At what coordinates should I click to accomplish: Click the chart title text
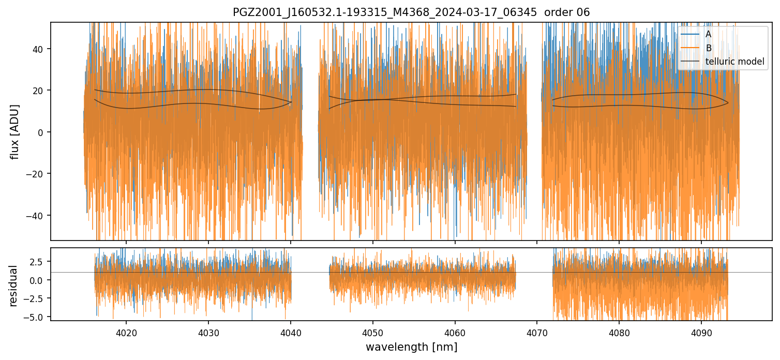tap(411, 12)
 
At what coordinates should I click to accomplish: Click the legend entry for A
tap(708, 34)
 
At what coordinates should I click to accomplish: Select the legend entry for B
tap(708, 48)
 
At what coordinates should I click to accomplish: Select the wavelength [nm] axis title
tap(411, 347)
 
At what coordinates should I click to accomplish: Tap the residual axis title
tap(13, 286)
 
